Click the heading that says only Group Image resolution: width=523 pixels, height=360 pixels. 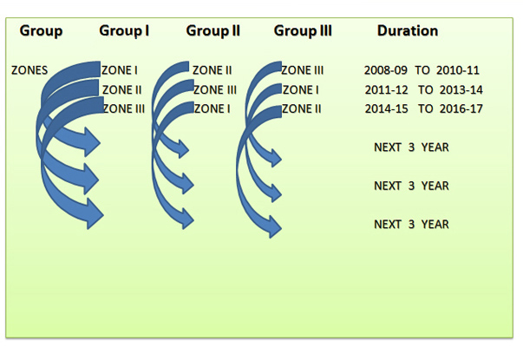(41, 31)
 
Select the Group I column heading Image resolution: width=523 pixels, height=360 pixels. (124, 31)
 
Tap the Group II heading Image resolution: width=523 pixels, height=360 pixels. (213, 31)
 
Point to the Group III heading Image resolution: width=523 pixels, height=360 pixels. (303, 31)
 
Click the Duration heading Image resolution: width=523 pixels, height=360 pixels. (408, 30)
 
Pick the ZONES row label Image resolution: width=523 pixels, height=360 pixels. (29, 70)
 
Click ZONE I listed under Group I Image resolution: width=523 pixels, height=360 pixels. (120, 70)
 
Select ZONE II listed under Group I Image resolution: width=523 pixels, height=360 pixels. (122, 90)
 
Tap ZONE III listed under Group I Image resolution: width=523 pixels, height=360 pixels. (124, 108)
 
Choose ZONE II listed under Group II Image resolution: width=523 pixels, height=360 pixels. (212, 70)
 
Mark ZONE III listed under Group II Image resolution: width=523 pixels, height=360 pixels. (215, 90)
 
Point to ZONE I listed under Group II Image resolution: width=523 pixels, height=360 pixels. (212, 108)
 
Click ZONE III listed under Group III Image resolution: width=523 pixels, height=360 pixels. (303, 70)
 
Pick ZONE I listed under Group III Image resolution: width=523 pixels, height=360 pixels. (301, 90)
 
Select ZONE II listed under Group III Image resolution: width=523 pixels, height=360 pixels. (302, 108)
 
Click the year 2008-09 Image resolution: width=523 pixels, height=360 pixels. (386, 70)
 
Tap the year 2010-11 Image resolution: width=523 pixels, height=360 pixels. (458, 70)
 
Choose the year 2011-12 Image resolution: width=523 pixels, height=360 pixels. (386, 90)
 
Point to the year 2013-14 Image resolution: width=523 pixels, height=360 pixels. (461, 90)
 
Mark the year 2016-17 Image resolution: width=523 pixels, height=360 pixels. (461, 108)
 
